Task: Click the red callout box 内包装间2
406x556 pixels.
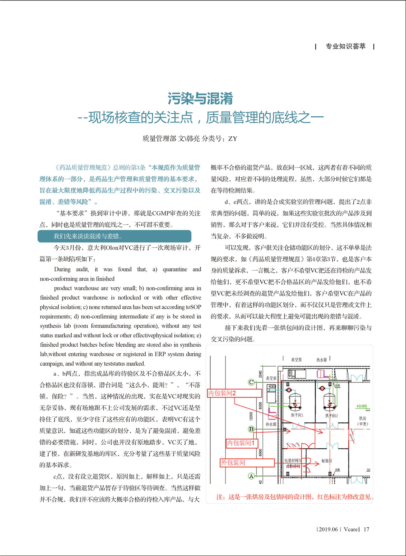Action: point(235,393)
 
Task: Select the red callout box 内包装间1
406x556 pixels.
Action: point(242,443)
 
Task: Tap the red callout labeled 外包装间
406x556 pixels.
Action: point(247,462)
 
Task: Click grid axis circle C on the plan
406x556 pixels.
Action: point(251,382)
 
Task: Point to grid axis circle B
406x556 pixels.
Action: point(251,429)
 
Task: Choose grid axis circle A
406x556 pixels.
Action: point(251,476)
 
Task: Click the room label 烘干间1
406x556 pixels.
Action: point(297,415)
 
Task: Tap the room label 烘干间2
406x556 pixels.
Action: point(331,416)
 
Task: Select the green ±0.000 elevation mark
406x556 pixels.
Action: point(362,406)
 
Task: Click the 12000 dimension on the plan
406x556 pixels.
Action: point(251,416)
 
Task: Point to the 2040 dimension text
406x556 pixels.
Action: point(260,374)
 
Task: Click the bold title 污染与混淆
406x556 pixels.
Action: point(200,99)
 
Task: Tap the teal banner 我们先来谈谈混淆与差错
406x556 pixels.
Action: point(114,236)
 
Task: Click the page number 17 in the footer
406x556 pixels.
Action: point(367,529)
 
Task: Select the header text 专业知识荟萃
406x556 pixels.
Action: point(345,46)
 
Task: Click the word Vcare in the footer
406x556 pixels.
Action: point(351,529)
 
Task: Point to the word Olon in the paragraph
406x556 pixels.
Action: point(112,248)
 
